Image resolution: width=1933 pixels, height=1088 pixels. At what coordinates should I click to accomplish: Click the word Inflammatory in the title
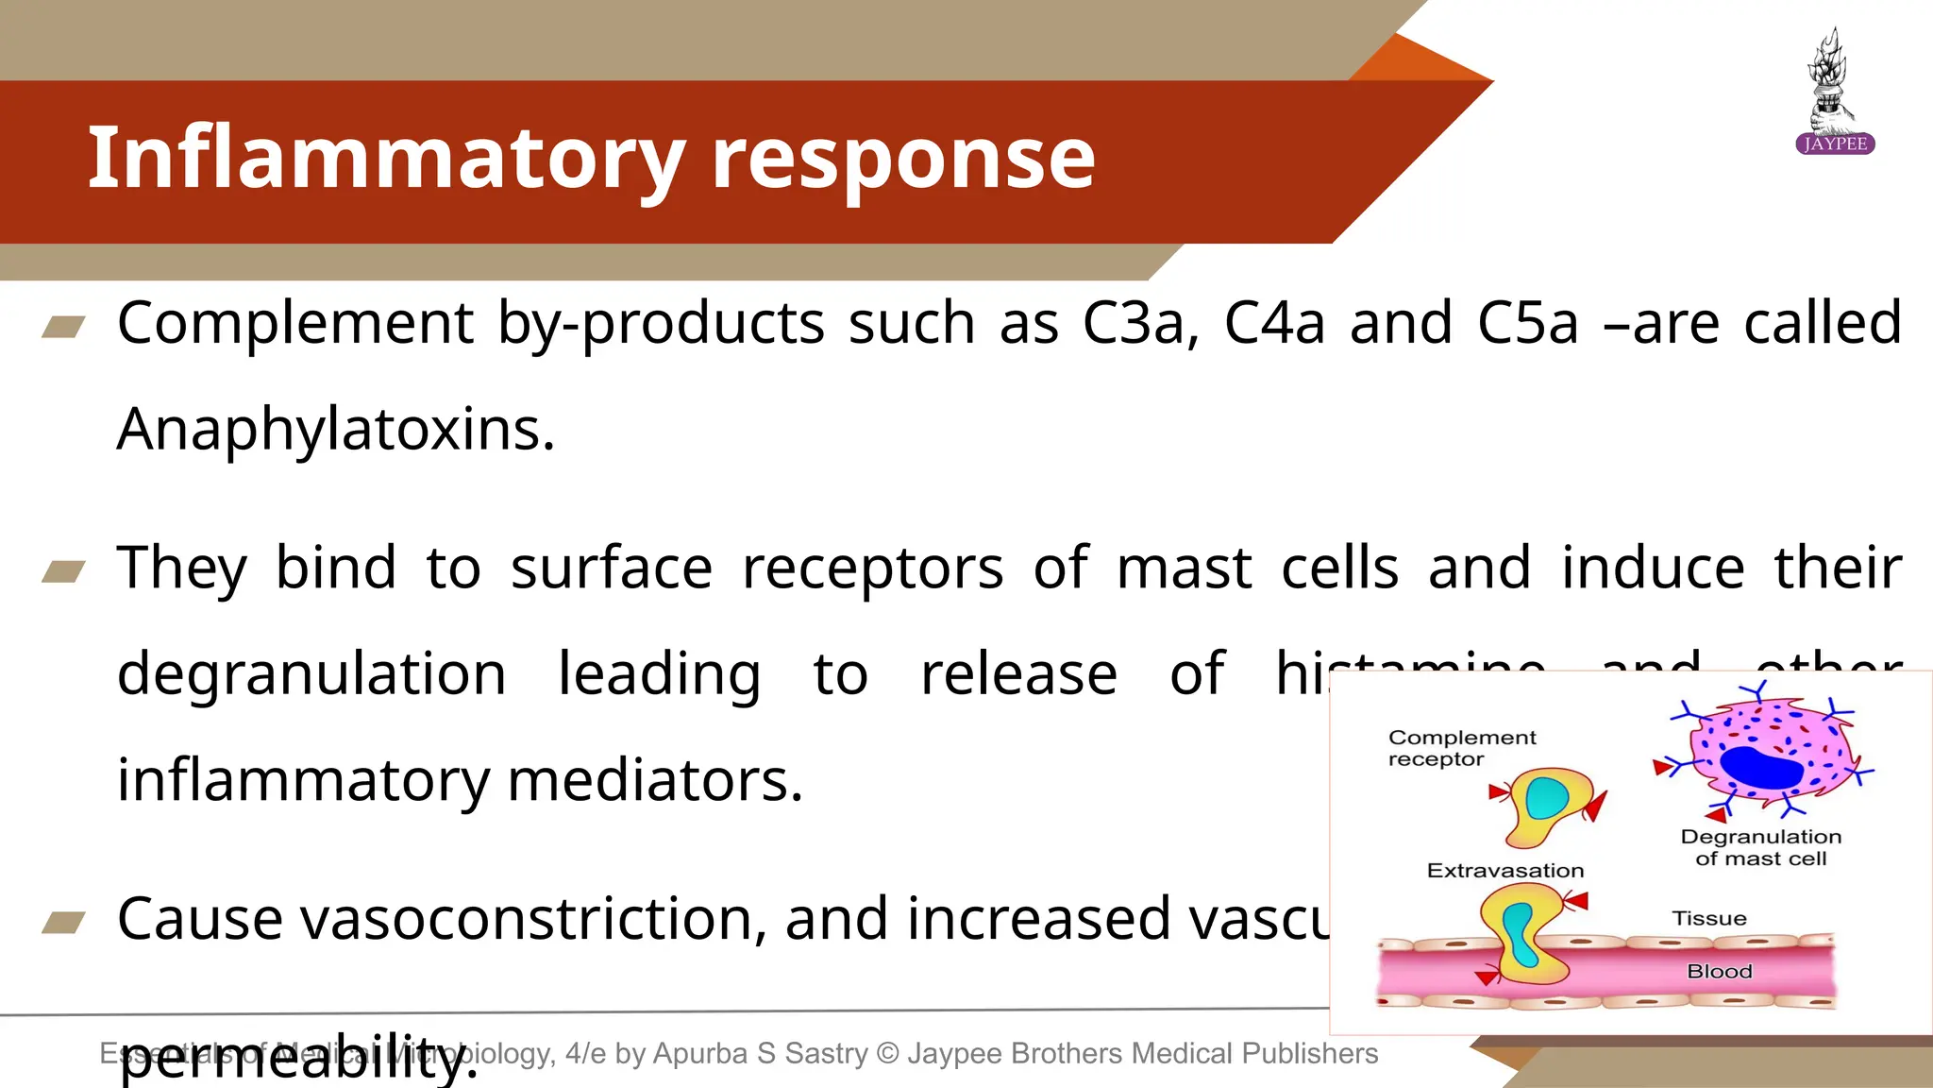coord(385,159)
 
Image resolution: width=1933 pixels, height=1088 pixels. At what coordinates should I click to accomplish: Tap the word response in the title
coord(903,159)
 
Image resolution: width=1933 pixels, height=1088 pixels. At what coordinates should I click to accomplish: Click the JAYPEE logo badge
coord(1835,144)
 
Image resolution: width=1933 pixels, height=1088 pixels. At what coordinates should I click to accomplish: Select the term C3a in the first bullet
coord(1140,323)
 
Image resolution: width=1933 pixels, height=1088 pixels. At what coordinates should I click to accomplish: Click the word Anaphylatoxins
coord(336,430)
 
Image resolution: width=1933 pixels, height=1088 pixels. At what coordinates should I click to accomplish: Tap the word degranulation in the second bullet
coord(311,674)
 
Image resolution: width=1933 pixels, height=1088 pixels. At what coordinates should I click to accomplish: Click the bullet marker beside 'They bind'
coord(64,571)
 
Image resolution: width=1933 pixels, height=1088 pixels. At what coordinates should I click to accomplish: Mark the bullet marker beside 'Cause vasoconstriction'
coord(64,922)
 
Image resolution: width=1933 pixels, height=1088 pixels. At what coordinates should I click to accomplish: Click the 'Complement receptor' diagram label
coord(1461,748)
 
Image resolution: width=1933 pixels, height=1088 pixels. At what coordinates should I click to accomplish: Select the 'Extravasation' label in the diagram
coord(1505,871)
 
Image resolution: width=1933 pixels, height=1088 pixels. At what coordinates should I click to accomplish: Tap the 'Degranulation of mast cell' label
coord(1760,847)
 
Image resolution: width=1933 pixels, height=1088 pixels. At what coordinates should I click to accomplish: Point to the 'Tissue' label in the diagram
coord(1709,918)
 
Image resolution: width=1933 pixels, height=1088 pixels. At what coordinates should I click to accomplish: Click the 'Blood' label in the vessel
coord(1720,971)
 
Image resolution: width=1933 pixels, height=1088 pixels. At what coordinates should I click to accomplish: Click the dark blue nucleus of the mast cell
coord(1761,767)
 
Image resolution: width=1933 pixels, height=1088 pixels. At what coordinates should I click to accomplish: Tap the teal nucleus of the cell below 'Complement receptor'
coord(1547,798)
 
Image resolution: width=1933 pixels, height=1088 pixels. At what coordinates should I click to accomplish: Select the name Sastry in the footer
coord(827,1053)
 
